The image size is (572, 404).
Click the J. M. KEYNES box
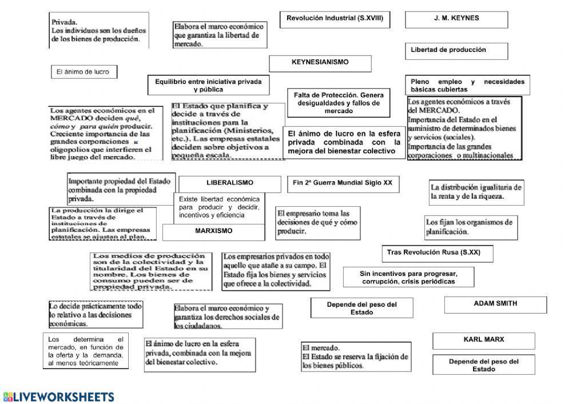click(x=456, y=19)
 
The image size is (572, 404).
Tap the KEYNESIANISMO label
click(x=320, y=63)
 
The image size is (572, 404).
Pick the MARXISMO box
click(x=213, y=232)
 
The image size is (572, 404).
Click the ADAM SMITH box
click(x=495, y=305)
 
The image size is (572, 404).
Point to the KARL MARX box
click(x=483, y=341)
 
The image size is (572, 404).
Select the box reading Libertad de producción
click(x=456, y=51)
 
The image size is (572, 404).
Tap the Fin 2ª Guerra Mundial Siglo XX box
click(x=343, y=184)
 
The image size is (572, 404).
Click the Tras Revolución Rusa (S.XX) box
click(x=437, y=253)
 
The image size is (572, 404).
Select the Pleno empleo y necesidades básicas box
click(x=467, y=86)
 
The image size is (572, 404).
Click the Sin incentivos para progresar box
click(x=408, y=277)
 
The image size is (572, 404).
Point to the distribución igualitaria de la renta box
click(x=476, y=192)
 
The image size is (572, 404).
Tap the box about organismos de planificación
click(x=469, y=227)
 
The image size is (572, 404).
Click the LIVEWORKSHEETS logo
click(x=58, y=397)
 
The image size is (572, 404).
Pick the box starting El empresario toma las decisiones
click(x=312, y=223)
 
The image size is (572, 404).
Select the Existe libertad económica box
click(x=219, y=207)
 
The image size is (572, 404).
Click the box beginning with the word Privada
click(x=98, y=30)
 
